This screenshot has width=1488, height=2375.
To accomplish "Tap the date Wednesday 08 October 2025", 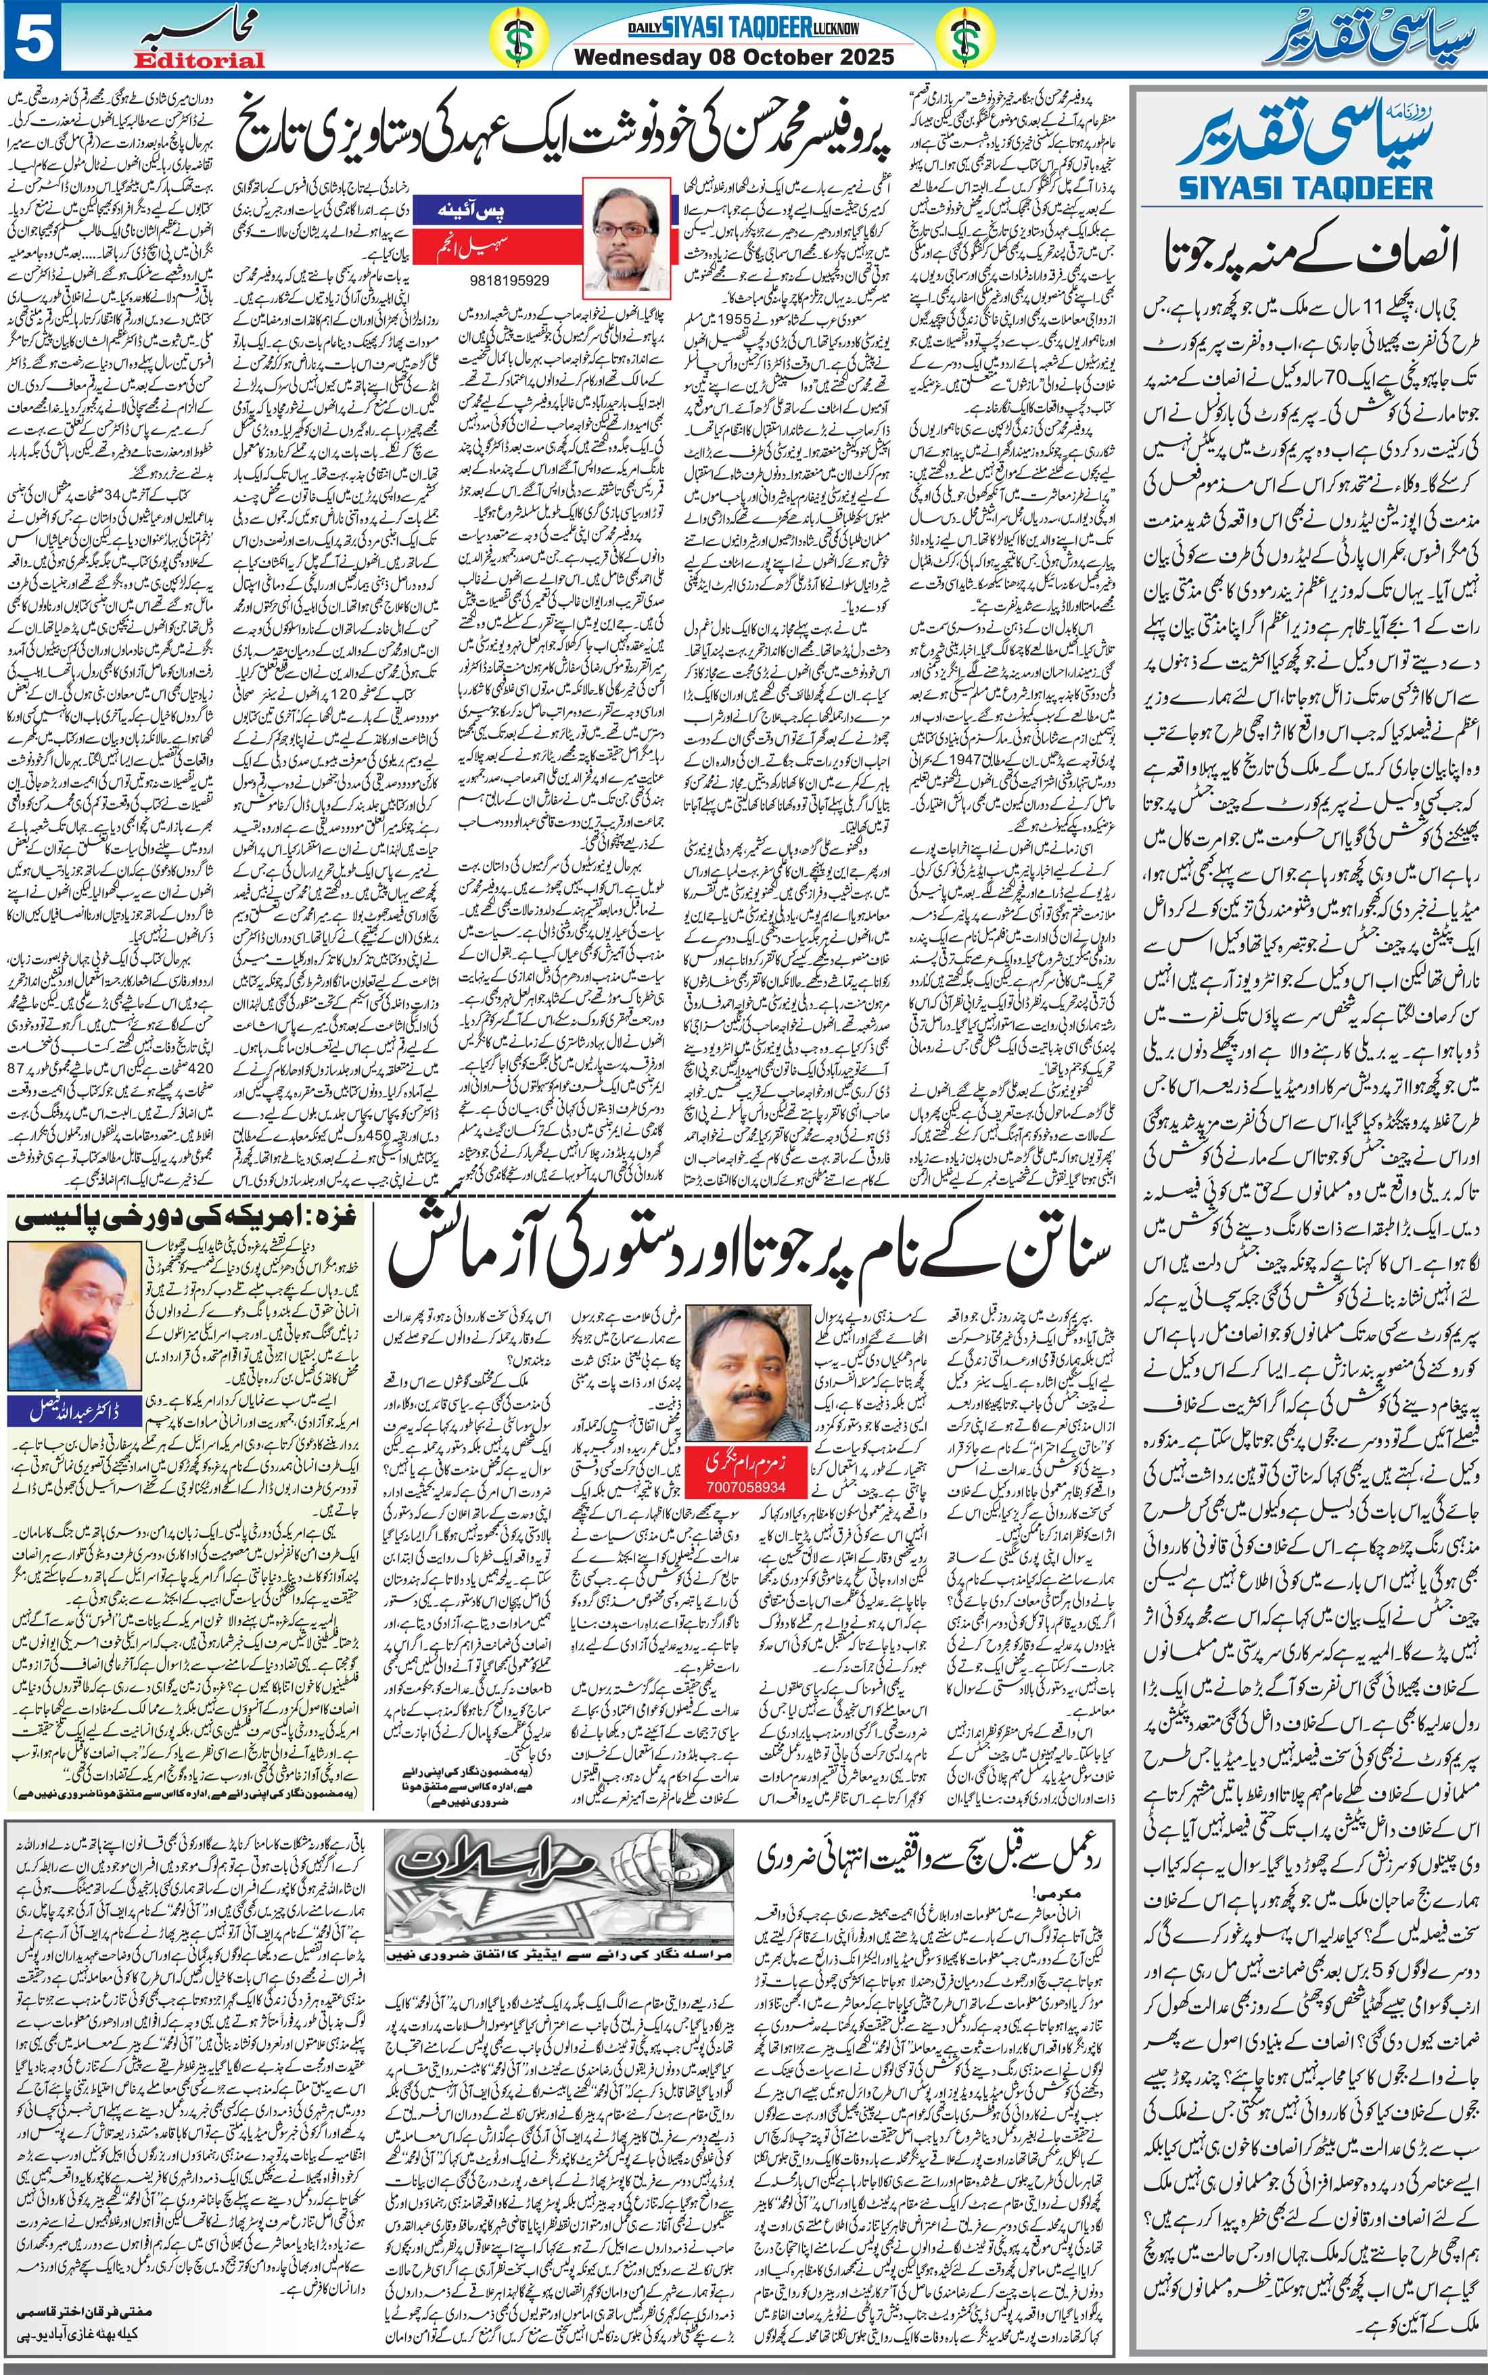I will point(733,57).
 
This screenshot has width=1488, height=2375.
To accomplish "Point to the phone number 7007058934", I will point(745,1486).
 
